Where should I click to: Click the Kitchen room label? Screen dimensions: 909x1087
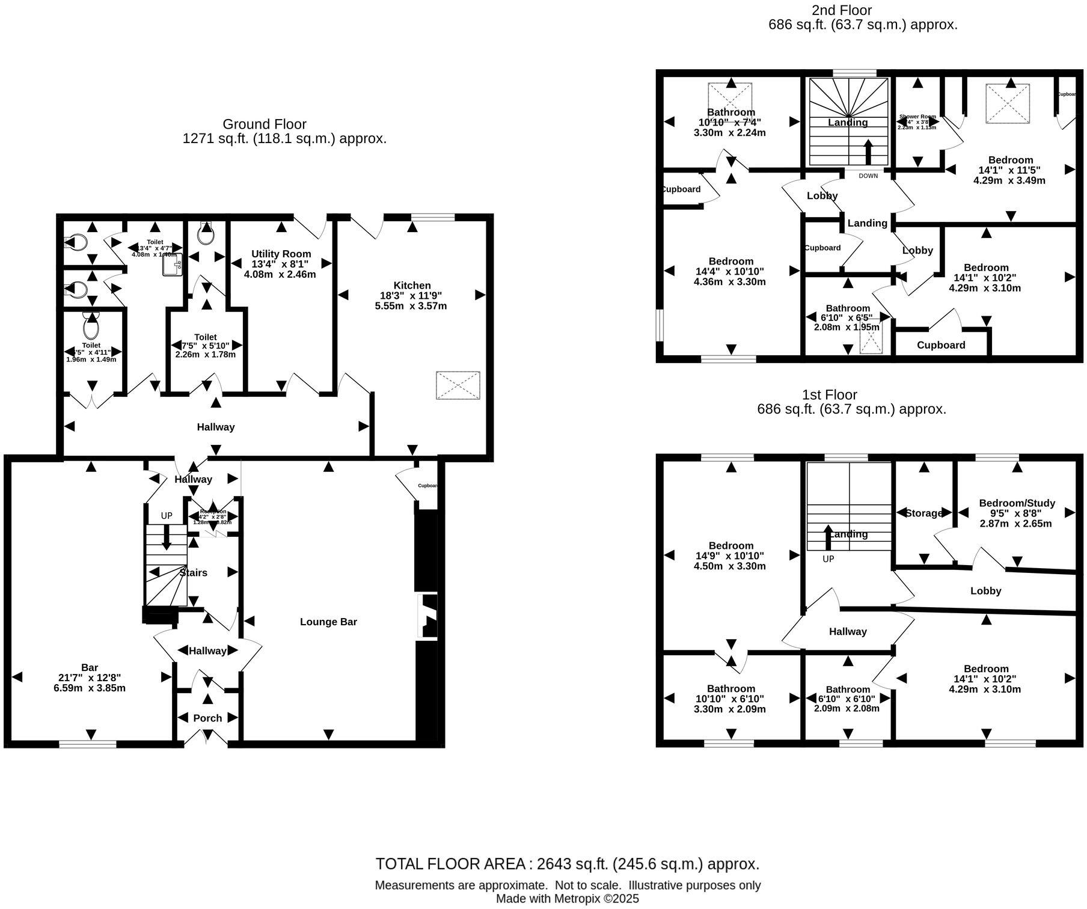click(x=412, y=286)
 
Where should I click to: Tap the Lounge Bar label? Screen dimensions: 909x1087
click(x=328, y=622)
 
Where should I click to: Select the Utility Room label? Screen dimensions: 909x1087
click(x=281, y=254)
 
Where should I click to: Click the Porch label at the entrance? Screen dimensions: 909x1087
click(x=207, y=718)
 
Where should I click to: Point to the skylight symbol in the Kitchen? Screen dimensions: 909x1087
click(x=458, y=385)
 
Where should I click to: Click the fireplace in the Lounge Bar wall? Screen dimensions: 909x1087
click(x=428, y=616)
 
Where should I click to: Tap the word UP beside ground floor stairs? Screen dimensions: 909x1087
click(x=167, y=516)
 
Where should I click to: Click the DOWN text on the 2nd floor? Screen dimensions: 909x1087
click(x=868, y=176)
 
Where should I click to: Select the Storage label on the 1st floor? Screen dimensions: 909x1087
click(x=924, y=513)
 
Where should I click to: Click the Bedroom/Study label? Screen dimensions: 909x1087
click(x=1017, y=503)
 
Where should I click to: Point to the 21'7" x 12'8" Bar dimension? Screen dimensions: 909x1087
click(x=90, y=678)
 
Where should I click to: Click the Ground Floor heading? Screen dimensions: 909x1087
click(x=265, y=124)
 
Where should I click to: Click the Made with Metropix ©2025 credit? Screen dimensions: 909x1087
click(x=567, y=899)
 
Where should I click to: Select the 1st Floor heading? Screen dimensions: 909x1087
click(x=830, y=394)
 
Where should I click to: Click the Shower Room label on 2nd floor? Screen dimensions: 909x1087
click(x=917, y=117)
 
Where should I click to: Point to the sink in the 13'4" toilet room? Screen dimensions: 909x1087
click(x=170, y=265)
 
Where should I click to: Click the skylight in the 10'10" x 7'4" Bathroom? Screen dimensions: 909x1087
click(x=731, y=97)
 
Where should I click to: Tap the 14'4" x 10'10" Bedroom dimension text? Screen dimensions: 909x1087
click(x=730, y=271)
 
